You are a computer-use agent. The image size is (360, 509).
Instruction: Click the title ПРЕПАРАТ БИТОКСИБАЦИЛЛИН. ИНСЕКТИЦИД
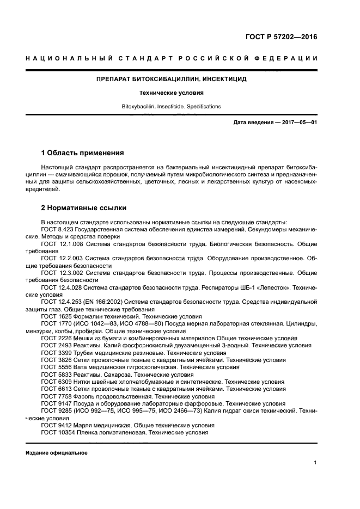coord(171,79)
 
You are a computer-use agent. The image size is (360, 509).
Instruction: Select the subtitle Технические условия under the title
coord(171,93)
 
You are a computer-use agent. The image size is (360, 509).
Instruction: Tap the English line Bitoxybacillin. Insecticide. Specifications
coord(171,107)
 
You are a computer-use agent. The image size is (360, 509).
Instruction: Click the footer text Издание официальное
coord(57,453)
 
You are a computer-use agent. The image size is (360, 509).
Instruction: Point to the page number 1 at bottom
coord(315,463)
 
